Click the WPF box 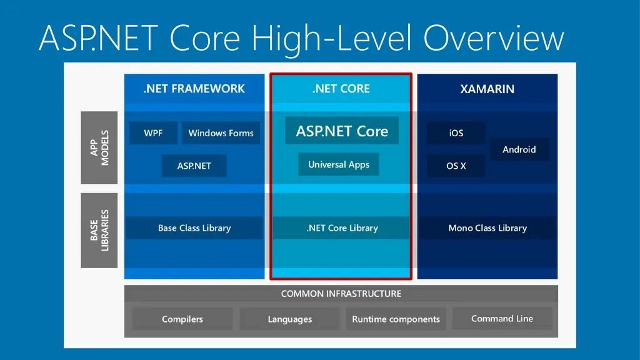(x=153, y=133)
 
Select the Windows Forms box (x=221, y=133)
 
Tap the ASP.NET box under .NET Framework (x=194, y=166)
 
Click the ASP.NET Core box (x=342, y=131)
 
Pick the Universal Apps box (x=339, y=165)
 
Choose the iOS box (x=456, y=133)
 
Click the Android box (x=519, y=149)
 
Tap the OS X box (x=456, y=166)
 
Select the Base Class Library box (x=194, y=228)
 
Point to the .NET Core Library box (x=342, y=228)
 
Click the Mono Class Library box (x=487, y=228)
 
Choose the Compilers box (x=182, y=319)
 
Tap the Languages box (x=289, y=319)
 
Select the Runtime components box (x=396, y=319)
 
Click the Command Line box (x=502, y=319)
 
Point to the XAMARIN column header (x=487, y=89)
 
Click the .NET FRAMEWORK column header (x=194, y=88)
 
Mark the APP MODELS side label (x=99, y=147)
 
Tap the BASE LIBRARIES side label (x=99, y=230)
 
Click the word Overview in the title (x=493, y=37)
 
